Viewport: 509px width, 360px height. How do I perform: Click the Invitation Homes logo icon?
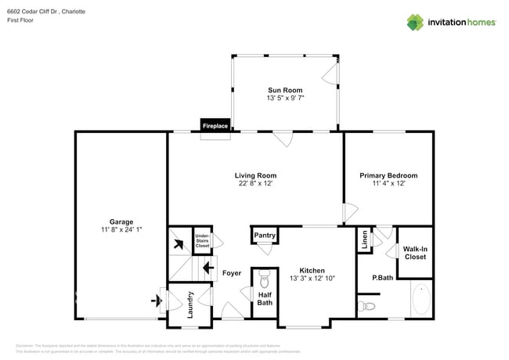[415, 22]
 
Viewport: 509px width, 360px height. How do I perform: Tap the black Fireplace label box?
[215, 125]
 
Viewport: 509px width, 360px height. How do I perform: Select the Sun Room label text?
[285, 90]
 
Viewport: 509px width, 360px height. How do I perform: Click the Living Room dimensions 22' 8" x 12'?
[255, 184]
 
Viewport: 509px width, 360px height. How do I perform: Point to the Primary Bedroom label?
[388, 175]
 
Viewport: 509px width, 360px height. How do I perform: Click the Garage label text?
[121, 221]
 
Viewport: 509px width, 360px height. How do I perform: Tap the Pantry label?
[265, 235]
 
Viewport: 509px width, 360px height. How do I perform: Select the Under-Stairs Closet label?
[202, 240]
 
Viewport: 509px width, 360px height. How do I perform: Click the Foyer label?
[232, 273]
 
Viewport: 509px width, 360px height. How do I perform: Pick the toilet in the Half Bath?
[264, 279]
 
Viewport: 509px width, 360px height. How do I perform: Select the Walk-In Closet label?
[414, 252]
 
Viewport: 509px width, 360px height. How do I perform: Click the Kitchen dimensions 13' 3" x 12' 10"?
[312, 278]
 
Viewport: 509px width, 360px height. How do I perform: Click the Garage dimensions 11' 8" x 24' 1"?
[121, 229]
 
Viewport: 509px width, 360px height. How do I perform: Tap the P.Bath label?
[381, 278]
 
